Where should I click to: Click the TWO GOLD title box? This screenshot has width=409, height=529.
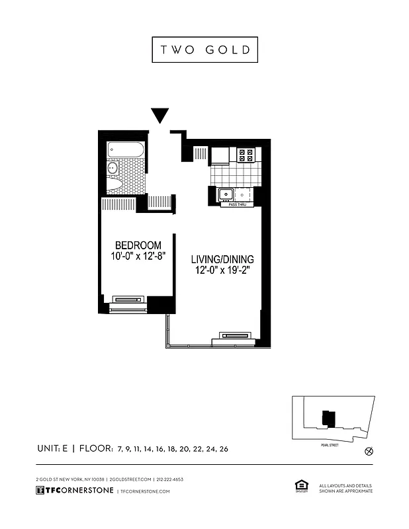pyautogui.click(x=204, y=50)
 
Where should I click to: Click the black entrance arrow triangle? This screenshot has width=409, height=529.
pyautogui.click(x=159, y=115)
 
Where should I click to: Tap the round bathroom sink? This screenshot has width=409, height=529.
pyautogui.click(x=113, y=169)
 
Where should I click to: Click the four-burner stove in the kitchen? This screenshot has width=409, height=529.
pyautogui.click(x=246, y=155)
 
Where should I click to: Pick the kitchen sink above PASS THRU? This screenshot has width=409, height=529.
pyautogui.click(x=227, y=194)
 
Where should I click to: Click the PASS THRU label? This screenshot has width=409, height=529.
pyautogui.click(x=237, y=205)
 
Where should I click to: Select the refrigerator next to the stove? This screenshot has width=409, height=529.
pyautogui.click(x=220, y=155)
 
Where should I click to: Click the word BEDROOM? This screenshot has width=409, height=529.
pyautogui.click(x=138, y=245)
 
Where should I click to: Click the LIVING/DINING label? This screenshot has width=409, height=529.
pyautogui.click(x=222, y=259)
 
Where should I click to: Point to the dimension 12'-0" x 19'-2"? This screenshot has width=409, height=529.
pyautogui.click(x=222, y=270)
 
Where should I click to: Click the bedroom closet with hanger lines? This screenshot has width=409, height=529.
pyautogui.click(x=118, y=204)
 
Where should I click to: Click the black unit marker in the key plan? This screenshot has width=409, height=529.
pyautogui.click(x=328, y=418)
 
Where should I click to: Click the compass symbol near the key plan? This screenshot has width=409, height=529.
pyautogui.click(x=369, y=452)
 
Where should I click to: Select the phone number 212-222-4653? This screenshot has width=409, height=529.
pyautogui.click(x=169, y=479)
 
